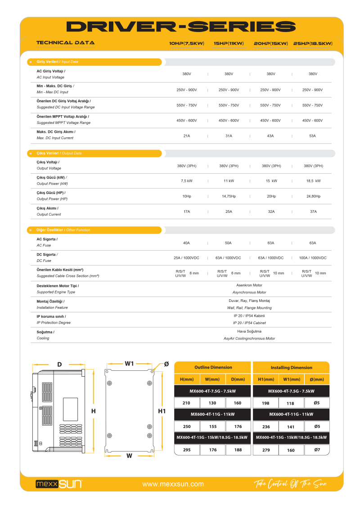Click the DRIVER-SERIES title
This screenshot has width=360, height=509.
tap(181, 27)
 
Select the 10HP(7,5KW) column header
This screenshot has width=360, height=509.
tap(187, 44)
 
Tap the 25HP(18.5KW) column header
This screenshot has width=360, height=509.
tap(313, 44)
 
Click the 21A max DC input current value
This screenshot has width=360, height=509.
tap(186, 135)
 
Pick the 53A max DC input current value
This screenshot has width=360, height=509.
tap(312, 135)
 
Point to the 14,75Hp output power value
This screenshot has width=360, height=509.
tap(229, 196)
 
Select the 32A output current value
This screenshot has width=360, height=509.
tap(271, 212)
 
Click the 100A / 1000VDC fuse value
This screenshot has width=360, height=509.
tap(312, 258)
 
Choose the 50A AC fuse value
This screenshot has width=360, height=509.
tap(228, 243)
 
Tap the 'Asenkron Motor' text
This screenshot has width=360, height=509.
tap(249, 285)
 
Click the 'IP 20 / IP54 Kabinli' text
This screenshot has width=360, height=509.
tap(249, 316)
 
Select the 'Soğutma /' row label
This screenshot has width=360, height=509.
tap(45, 332)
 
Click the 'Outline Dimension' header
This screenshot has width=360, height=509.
tap(213, 367)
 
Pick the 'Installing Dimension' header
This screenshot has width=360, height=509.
tap(291, 368)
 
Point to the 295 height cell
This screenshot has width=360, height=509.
tap(187, 450)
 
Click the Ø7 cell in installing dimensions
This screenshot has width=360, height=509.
tap(317, 450)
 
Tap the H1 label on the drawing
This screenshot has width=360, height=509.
tap(162, 411)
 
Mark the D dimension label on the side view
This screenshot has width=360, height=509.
tap(59, 364)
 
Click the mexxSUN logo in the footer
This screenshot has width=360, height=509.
tap(59, 484)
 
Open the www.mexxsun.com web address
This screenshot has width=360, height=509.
tap(173, 484)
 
